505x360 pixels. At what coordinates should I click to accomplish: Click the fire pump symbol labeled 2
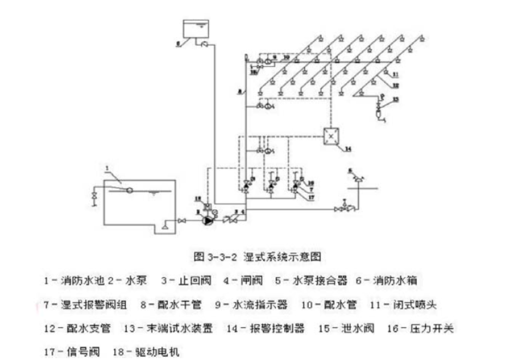(207, 220)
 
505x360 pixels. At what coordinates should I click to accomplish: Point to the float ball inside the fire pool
(130, 190)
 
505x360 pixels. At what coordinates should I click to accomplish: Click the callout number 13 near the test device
(395, 99)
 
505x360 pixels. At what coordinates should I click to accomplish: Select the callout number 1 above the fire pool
(107, 168)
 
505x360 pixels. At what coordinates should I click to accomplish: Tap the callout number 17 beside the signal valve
(311, 195)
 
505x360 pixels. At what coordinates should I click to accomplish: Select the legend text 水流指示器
(262, 304)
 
